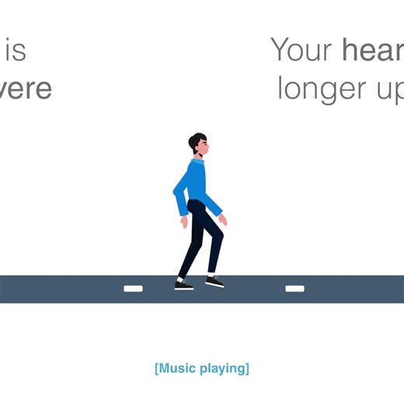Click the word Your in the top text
pos(301,50)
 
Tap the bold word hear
pos(371,50)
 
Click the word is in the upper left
pos(16,50)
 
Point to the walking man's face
pos(204,147)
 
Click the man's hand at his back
pos(184,221)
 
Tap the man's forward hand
pos(223,219)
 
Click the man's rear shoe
pos(183,285)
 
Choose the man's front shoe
pos(215,282)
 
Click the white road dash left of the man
pos(134,289)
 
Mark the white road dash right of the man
pos(294,289)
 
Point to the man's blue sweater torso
pos(196,183)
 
